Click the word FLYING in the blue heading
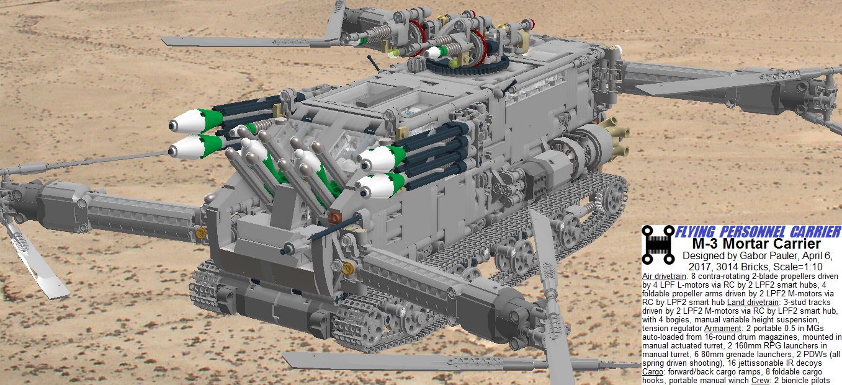(696, 232)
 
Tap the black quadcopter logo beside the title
(658, 244)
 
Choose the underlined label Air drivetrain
(664, 277)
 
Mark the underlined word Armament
(722, 329)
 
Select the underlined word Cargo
(653, 372)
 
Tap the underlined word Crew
(761, 381)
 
